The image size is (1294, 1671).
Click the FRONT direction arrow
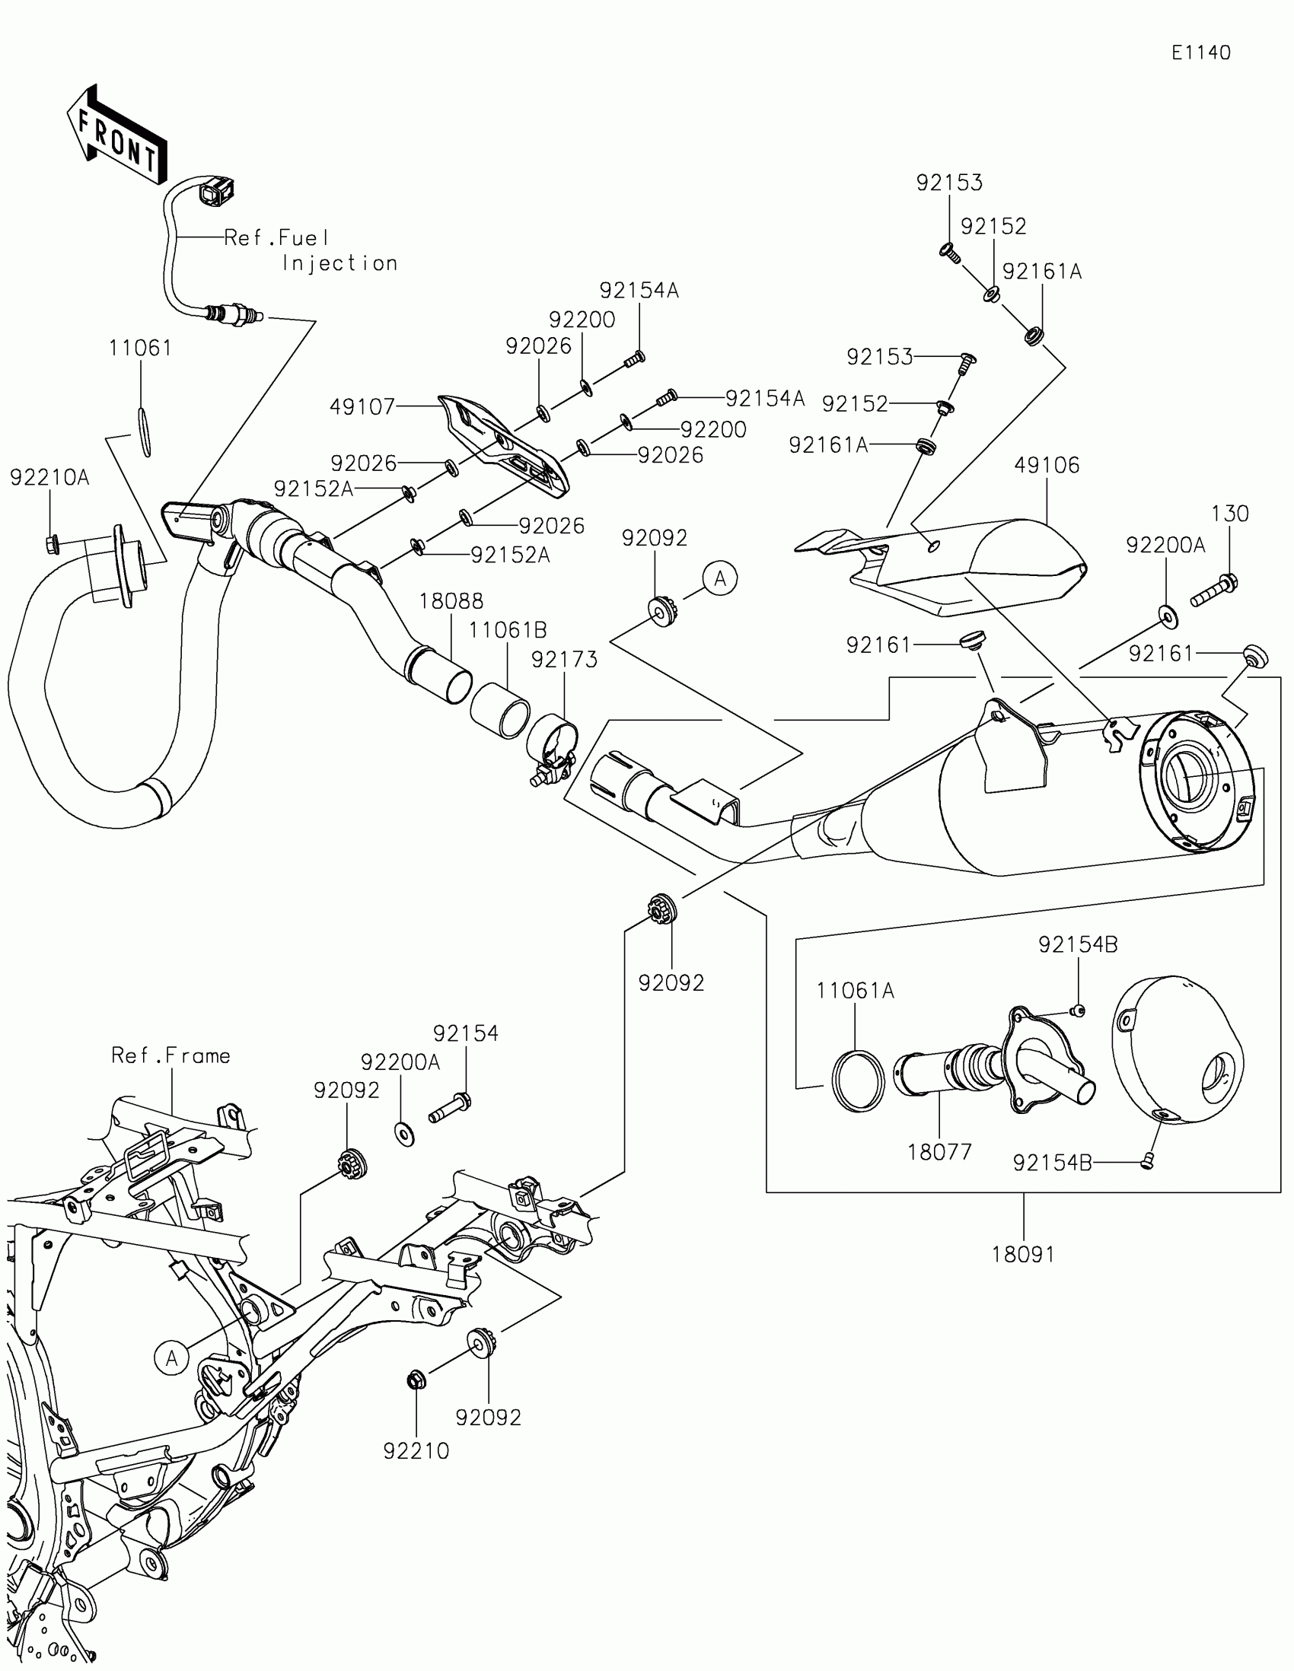(x=116, y=135)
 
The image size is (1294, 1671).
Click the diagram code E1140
(x=1200, y=53)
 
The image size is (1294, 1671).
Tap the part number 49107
(x=362, y=407)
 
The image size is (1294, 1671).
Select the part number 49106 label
(x=1047, y=465)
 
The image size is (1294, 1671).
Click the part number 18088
(x=451, y=601)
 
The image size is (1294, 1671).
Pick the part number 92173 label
(x=565, y=660)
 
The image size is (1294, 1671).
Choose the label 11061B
(x=508, y=631)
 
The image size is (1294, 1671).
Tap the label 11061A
(x=856, y=991)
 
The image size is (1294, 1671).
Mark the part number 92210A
(x=49, y=478)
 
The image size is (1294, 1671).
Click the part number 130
(x=1231, y=514)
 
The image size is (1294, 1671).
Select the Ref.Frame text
(x=171, y=1056)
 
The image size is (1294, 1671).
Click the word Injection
(x=339, y=263)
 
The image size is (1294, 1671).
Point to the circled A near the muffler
(x=720, y=579)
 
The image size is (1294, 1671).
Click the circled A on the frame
(x=171, y=1358)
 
